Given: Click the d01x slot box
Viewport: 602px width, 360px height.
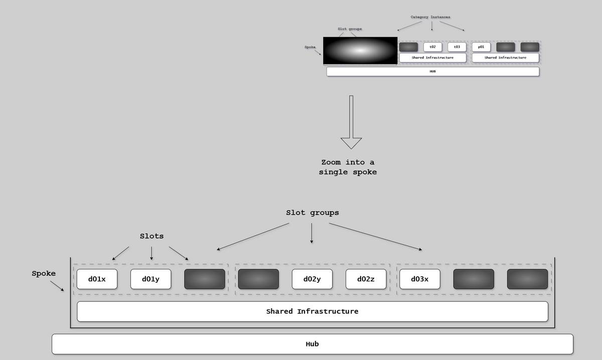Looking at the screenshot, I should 97,279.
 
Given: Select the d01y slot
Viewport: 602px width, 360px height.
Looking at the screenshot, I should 150,279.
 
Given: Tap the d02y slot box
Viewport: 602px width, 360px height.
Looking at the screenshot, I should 312,279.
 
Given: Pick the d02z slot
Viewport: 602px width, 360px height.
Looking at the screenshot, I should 366,279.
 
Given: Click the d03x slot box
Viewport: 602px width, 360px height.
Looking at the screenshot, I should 420,279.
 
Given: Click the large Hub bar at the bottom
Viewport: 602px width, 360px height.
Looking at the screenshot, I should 312,344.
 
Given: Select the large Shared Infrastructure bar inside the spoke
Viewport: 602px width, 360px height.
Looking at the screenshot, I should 312,311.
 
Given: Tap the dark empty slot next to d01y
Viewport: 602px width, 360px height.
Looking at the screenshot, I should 205,279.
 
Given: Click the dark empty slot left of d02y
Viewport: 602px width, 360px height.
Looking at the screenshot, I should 258,279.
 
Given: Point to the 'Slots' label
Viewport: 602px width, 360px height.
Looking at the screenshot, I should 152,236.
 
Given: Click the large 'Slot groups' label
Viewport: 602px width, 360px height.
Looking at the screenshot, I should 312,213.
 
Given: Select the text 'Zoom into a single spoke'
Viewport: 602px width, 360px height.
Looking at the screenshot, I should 348,167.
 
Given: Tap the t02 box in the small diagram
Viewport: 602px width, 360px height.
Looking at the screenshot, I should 432,47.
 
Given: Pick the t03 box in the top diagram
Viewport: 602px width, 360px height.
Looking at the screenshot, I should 457,47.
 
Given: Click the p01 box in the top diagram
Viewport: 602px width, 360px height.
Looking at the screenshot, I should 481,47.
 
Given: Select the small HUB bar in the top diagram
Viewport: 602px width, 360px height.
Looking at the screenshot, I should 432,71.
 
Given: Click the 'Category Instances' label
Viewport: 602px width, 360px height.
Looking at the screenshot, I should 430,17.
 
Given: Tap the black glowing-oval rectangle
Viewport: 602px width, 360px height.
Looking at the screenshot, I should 360,51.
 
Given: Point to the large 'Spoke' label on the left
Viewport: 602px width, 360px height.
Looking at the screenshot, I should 44,274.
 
